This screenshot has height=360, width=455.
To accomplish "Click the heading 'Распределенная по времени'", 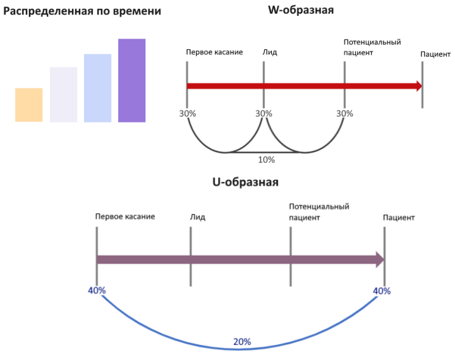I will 82,11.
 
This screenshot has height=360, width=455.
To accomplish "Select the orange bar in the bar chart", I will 28,105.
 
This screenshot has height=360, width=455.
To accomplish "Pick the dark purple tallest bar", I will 131,80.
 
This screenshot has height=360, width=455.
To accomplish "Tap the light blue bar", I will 97,88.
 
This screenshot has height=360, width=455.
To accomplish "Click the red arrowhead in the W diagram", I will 418,86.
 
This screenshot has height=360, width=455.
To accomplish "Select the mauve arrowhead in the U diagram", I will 380,260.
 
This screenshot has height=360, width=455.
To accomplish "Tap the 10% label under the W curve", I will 267,160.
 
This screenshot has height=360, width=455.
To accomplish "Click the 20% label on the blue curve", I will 242,342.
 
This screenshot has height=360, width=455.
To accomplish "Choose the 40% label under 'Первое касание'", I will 97,291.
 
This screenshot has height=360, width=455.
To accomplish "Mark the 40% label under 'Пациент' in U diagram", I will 382,291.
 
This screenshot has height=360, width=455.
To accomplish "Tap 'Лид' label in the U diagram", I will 197,217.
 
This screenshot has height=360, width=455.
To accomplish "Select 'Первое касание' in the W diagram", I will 214,52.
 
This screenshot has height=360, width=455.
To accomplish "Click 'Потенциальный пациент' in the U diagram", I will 318,212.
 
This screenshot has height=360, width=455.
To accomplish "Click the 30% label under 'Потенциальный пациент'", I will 344,114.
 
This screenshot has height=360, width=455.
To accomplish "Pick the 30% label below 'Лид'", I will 264,114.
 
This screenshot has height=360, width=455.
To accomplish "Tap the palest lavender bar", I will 63,95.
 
